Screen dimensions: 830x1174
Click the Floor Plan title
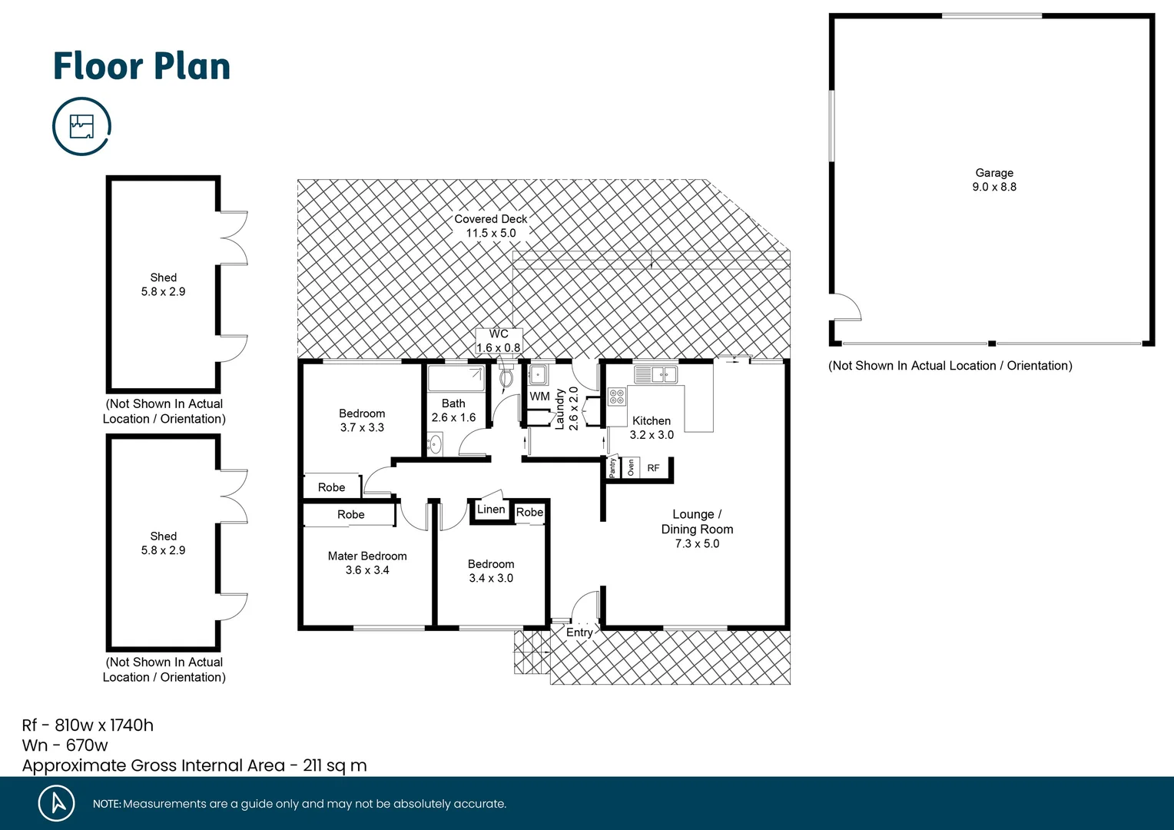141,66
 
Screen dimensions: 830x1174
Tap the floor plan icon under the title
81,126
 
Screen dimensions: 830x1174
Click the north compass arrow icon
57,803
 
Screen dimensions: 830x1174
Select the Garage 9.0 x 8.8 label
994,180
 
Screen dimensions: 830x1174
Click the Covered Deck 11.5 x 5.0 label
491,226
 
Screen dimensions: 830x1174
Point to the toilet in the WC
506,378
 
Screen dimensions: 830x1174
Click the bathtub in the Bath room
455,378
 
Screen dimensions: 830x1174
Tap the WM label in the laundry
539,397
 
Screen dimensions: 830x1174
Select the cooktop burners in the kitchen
617,397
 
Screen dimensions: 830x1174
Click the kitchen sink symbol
655,374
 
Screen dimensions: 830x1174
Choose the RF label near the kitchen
653,468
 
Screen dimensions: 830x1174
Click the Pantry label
612,467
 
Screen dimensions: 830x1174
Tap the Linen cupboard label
491,510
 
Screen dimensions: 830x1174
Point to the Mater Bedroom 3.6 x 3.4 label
367,563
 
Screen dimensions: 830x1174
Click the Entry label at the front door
579,632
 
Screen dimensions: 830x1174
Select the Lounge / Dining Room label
697,529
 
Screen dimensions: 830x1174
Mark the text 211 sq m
335,765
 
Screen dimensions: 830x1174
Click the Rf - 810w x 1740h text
88,725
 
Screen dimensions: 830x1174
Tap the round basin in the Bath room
435,444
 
